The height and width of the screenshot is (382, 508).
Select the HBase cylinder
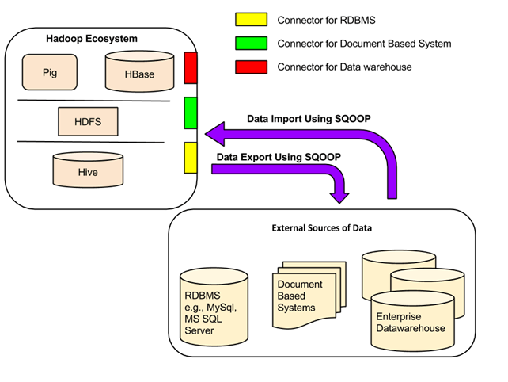point(139,73)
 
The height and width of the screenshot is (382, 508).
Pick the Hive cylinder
point(88,170)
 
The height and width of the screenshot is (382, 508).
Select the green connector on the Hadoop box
point(190,113)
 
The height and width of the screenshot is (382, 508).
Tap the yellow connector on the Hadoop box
point(190,158)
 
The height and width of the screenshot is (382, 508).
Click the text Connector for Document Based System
point(364,43)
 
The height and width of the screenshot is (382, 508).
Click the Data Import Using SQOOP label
point(309,118)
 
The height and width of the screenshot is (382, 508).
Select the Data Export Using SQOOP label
point(278,156)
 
